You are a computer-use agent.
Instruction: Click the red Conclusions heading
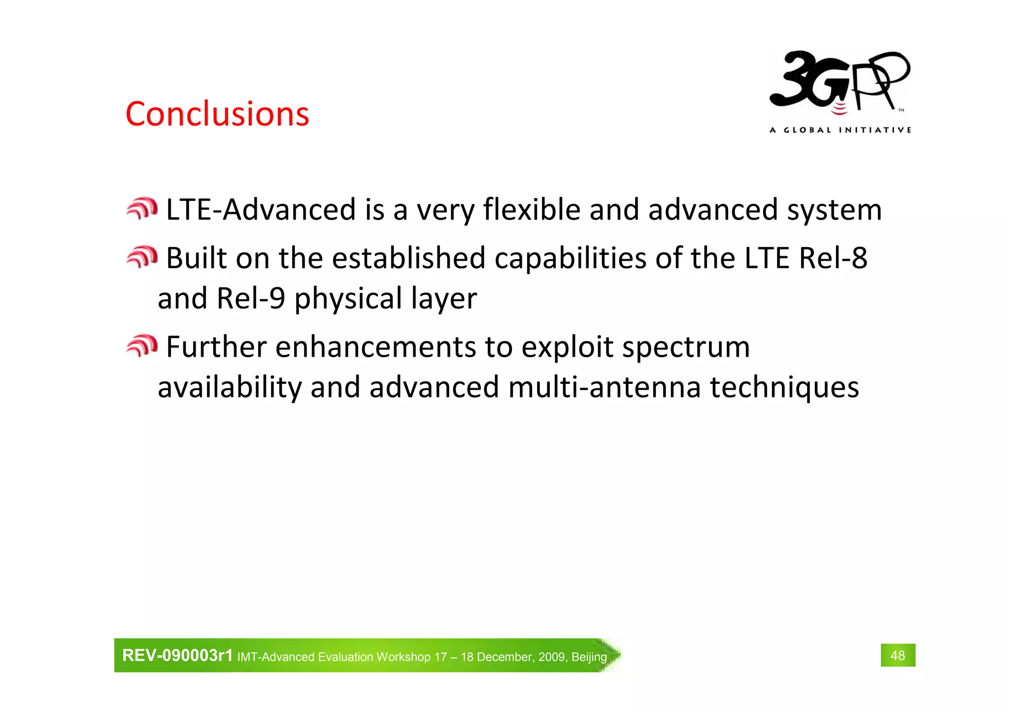point(217,114)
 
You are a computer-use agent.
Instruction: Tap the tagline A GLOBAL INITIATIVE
point(840,130)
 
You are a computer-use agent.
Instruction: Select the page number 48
point(898,655)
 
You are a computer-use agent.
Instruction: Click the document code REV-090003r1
point(177,655)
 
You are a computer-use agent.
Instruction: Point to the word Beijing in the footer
point(589,657)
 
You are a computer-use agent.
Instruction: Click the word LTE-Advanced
point(261,209)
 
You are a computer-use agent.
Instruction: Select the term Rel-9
point(251,299)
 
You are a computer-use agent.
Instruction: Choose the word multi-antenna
point(604,387)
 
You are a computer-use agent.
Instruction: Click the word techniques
point(784,387)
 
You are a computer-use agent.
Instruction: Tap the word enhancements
point(375,347)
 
